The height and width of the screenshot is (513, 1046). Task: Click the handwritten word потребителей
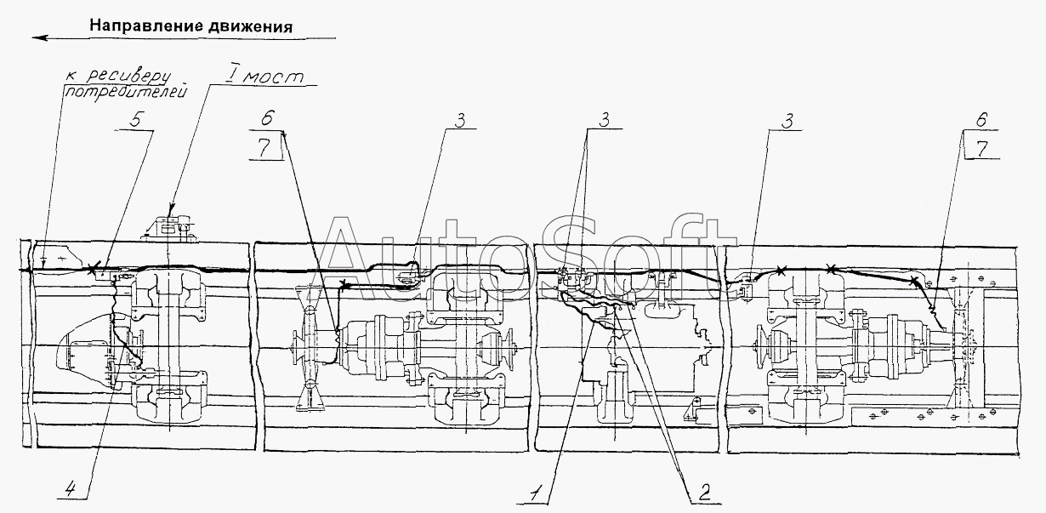click(125, 91)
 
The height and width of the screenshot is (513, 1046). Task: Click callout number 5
click(134, 121)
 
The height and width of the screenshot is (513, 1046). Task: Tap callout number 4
click(70, 489)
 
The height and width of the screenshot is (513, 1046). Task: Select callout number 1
click(536, 493)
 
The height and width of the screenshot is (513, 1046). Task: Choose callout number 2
click(704, 493)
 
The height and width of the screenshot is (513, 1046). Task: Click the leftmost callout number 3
click(460, 120)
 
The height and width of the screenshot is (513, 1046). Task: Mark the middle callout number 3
click(604, 120)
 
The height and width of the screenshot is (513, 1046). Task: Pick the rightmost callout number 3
click(787, 121)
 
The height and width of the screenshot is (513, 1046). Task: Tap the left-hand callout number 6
click(267, 117)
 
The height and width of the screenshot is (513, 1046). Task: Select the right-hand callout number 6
click(981, 120)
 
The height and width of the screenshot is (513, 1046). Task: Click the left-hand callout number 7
click(264, 148)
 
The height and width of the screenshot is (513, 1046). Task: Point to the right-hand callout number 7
click(982, 149)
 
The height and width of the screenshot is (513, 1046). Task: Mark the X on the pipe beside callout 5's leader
click(94, 269)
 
